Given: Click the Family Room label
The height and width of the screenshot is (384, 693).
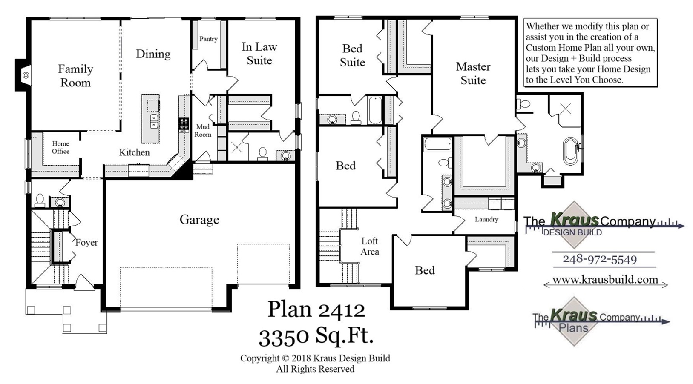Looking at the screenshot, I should pyautogui.click(x=75, y=76).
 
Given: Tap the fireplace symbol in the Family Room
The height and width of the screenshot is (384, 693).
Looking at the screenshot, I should pyautogui.click(x=26, y=75).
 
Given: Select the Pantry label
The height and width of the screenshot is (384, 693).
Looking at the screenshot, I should pyautogui.click(x=208, y=39).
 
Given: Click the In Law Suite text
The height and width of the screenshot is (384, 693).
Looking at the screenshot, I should pyautogui.click(x=259, y=54).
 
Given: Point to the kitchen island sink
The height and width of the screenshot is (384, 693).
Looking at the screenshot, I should pyautogui.click(x=154, y=121).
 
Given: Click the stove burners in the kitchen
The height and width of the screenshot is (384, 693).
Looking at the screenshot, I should pyautogui.click(x=184, y=124).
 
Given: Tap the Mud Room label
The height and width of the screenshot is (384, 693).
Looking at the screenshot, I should pyautogui.click(x=203, y=131).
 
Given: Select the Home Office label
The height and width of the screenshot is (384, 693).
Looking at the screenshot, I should pyautogui.click(x=60, y=147).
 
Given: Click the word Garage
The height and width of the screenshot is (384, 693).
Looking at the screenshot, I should pyautogui.click(x=199, y=220).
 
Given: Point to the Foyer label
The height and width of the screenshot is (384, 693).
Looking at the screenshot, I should pyautogui.click(x=86, y=243).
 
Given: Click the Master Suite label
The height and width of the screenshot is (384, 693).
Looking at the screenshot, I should pyautogui.click(x=473, y=73).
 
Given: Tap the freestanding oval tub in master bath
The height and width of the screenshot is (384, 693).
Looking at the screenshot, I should pyautogui.click(x=571, y=151).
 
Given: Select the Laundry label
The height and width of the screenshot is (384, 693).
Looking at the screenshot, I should pyautogui.click(x=486, y=219).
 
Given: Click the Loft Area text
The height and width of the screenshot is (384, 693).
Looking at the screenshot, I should pyautogui.click(x=369, y=246).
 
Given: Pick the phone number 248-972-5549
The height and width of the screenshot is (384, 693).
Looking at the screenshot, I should pyautogui.click(x=600, y=259).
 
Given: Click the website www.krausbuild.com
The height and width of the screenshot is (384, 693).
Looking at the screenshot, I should pyautogui.click(x=605, y=280).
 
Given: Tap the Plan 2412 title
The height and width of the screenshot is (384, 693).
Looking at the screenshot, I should pyautogui.click(x=316, y=309).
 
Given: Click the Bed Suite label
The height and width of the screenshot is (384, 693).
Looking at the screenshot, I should pyautogui.click(x=352, y=56).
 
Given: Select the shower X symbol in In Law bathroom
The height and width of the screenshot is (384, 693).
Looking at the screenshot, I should pyautogui.click(x=237, y=147).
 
